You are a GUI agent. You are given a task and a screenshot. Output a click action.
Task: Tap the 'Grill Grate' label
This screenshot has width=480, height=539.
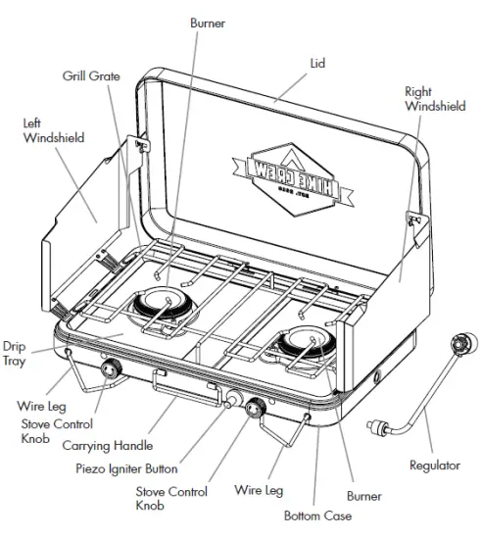coord(92,74)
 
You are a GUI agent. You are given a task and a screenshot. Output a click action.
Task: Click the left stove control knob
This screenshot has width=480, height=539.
coord(110,370)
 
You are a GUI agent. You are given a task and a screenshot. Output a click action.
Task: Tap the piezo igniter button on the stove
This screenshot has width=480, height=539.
coord(233,400)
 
